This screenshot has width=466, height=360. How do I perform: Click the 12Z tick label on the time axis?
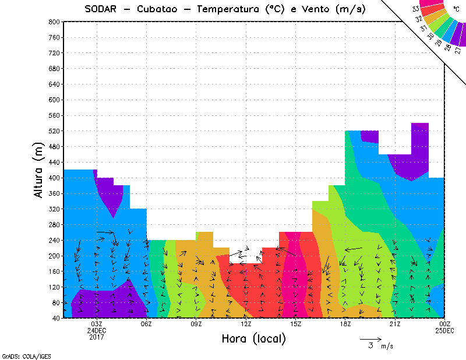tap(246, 324)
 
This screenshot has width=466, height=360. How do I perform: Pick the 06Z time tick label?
tap(146, 324)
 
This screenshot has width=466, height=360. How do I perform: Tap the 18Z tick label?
tap(345, 324)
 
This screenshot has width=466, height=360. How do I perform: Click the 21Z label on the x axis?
tap(395, 324)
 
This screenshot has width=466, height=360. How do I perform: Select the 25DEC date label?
tap(444, 330)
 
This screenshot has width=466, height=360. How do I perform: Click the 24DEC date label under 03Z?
tap(97, 330)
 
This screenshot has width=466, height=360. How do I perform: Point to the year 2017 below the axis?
tap(97, 337)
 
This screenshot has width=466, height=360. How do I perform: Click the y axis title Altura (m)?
tap(39, 170)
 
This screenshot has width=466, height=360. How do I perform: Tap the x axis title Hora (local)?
tap(253, 339)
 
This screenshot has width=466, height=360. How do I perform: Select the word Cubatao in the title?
tap(162, 9)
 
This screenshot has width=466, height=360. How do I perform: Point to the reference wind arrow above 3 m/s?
tap(370, 338)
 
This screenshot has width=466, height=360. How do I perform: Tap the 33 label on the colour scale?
tap(415, 9)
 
